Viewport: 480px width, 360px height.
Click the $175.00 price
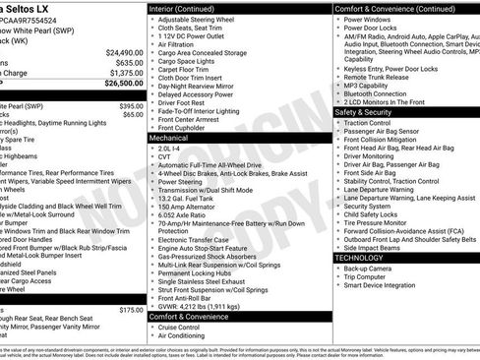tap(130, 309)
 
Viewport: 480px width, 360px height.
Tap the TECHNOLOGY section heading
tap(358, 257)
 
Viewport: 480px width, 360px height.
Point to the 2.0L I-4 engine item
tap(170, 148)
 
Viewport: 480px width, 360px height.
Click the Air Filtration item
tap(178, 44)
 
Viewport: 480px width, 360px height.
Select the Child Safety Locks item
tap(375, 213)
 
